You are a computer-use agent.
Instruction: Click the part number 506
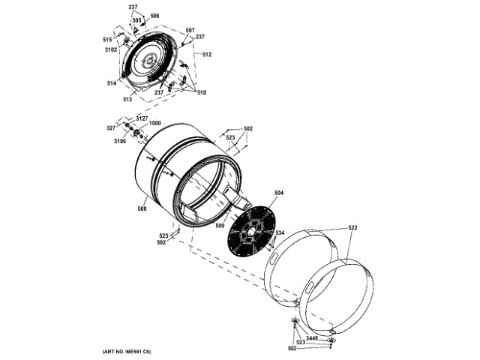point(154,16)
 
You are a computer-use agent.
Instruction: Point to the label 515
point(107,40)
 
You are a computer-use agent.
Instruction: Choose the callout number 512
point(206,55)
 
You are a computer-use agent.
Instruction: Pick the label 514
point(111,83)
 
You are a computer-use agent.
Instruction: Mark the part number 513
point(128,99)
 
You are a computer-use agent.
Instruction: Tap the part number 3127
point(142,118)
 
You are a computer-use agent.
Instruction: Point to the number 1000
point(154,124)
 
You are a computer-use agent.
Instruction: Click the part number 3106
point(120,141)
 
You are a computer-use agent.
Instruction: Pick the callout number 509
point(220,224)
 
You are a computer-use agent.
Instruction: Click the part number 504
point(278,193)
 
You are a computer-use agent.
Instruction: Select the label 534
point(279,233)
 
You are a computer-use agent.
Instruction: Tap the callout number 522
point(352,227)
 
